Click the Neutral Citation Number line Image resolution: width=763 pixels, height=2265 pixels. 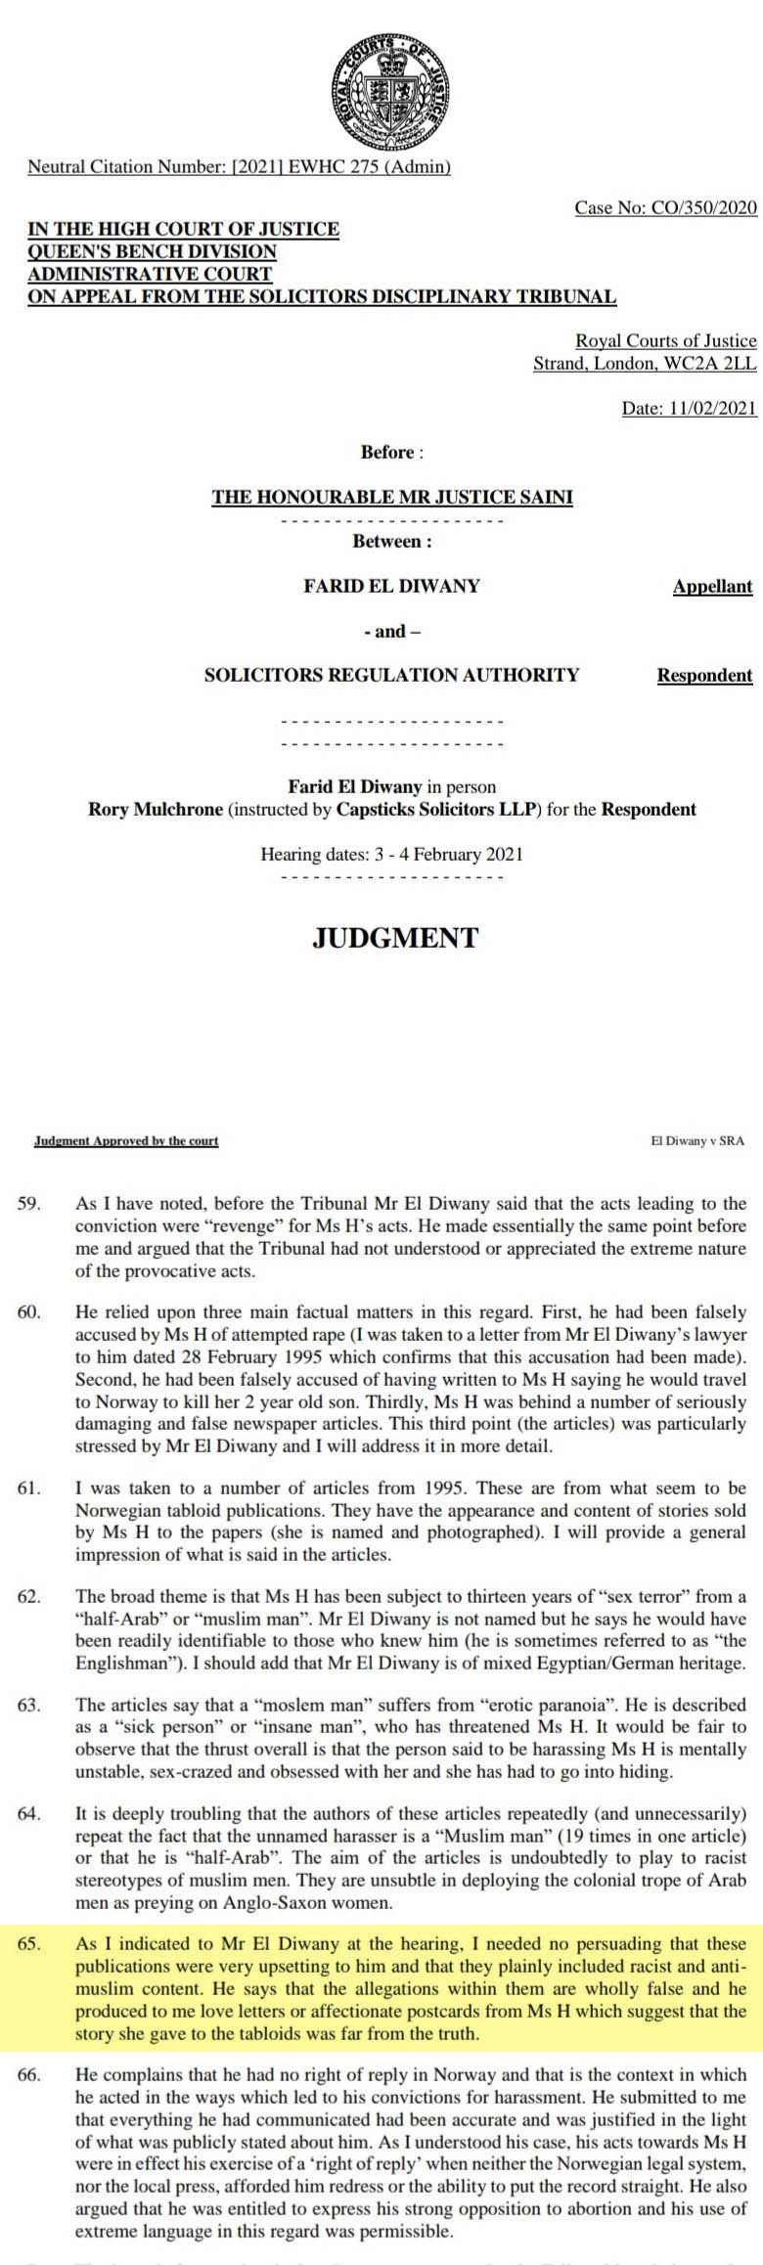pos(239,166)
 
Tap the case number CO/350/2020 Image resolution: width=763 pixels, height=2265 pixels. pos(665,207)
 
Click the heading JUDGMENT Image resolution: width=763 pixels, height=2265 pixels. pos(395,938)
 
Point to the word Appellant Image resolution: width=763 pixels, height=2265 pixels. pos(712,587)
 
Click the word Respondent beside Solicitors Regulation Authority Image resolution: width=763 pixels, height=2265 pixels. pos(704,675)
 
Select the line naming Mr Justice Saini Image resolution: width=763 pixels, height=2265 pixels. pos(392,497)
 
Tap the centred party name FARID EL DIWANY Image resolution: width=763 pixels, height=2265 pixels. pos(391,587)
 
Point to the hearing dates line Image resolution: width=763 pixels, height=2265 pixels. pos(391,854)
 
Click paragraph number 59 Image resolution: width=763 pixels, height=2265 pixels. pos(29,1204)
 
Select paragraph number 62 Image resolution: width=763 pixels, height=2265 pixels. pos(29,1597)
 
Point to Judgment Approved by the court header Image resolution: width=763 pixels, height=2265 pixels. pos(126,1140)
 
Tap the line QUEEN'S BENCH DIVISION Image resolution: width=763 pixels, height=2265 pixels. pos(152,251)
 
